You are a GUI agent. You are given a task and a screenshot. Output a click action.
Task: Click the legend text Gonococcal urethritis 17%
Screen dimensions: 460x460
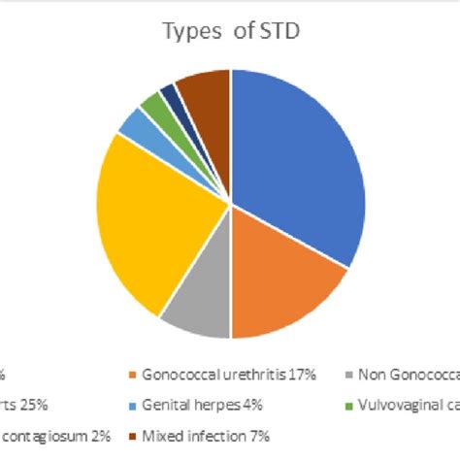(x=220, y=374)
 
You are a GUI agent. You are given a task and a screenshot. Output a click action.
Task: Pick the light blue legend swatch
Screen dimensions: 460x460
(x=132, y=406)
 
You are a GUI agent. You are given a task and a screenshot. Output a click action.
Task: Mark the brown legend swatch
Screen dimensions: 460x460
(x=132, y=438)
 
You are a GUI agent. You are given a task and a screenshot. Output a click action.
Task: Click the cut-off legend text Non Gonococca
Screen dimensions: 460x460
(x=408, y=374)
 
